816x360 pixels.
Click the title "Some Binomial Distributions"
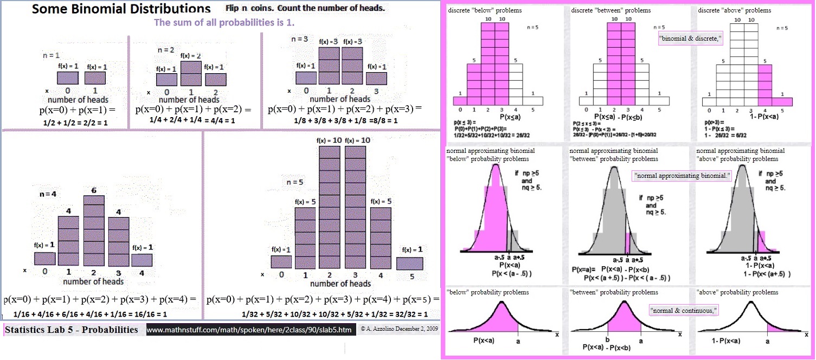tap(121, 9)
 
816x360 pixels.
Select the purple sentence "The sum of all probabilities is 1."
tap(224, 23)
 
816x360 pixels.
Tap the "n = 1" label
tap(52, 55)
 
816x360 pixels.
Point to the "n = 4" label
tap(48, 194)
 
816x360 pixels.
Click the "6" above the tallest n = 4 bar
tap(93, 191)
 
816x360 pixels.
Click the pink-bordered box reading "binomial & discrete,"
tap(690, 38)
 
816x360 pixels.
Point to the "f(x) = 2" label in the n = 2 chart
tap(191, 56)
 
